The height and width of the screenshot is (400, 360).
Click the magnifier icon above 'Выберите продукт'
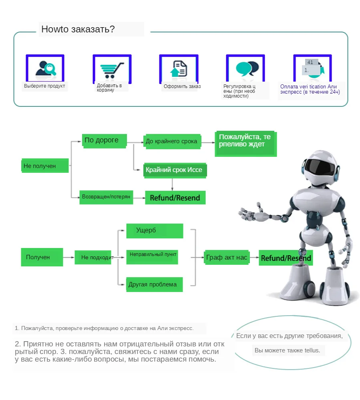[x=45, y=69]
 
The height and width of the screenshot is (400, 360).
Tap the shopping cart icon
[x=112, y=70]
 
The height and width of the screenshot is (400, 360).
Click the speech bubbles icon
[x=245, y=69]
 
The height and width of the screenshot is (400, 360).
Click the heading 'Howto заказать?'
[x=78, y=29]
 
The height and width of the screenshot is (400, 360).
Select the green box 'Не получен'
[x=45, y=166]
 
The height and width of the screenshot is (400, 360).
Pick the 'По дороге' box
[x=104, y=140]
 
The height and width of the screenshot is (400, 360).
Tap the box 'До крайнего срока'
[x=172, y=141]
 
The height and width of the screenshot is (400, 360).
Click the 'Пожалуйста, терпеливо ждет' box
[x=245, y=143]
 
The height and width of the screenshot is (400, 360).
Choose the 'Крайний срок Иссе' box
[x=175, y=170]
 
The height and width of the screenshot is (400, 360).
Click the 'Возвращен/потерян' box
[x=106, y=197]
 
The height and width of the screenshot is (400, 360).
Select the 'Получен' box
[x=42, y=257]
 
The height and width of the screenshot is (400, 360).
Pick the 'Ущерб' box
[x=154, y=230]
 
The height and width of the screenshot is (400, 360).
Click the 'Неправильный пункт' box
[x=153, y=255]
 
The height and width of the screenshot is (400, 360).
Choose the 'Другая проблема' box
[x=154, y=284]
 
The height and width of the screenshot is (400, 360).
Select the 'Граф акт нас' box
[x=227, y=258]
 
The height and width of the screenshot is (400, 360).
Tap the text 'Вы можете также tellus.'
[x=288, y=350]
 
